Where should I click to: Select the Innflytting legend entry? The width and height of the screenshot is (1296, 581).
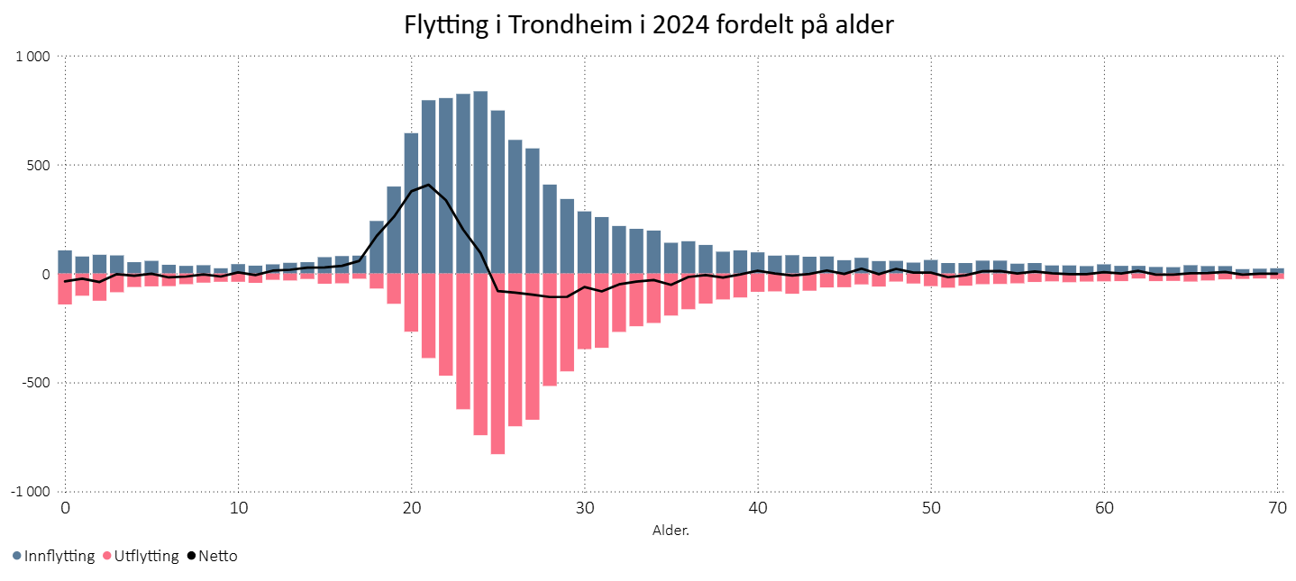[54, 556]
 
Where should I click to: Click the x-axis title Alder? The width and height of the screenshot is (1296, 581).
[671, 530]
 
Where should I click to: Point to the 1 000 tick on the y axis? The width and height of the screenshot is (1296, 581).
[32, 57]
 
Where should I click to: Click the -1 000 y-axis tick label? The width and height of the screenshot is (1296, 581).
[30, 492]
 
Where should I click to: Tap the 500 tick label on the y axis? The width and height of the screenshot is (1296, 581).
[37, 166]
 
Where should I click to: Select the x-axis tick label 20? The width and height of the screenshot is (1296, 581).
[411, 509]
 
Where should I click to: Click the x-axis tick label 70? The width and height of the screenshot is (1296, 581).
[1276, 509]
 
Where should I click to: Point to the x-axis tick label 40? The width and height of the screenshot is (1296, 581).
[757, 509]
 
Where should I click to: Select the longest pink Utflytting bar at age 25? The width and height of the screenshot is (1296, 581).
[497, 364]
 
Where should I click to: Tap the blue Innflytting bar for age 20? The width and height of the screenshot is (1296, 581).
[411, 203]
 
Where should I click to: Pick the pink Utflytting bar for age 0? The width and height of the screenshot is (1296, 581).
[65, 289]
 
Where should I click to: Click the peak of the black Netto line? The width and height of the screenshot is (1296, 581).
[428, 185]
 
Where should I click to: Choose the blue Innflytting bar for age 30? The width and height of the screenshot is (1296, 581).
[584, 242]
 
